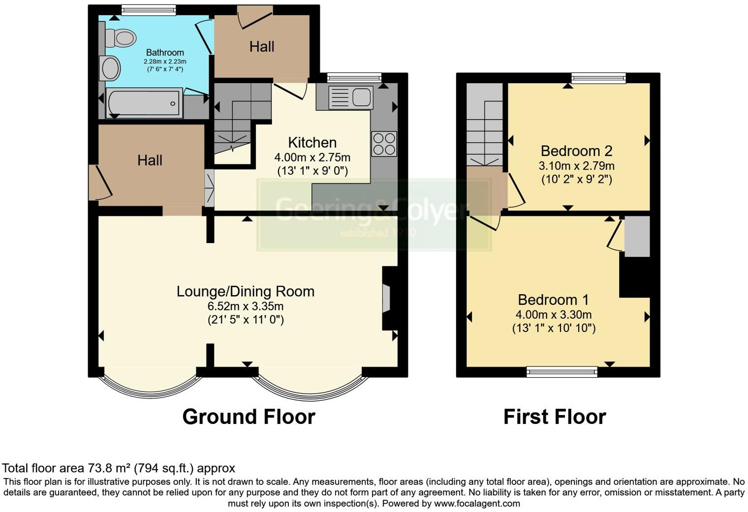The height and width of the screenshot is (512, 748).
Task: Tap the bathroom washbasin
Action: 110,68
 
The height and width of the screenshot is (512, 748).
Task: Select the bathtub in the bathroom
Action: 144,103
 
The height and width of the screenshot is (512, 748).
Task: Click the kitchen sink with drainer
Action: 350,97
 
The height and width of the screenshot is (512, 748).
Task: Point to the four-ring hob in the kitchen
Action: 384,144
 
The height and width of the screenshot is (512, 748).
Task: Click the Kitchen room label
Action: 312,143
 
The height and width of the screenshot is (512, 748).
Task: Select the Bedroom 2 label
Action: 576,151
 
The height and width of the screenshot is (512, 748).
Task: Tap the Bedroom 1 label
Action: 553,300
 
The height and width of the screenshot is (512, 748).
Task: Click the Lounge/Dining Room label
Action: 246,291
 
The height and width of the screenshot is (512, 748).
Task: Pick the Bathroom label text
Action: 165,53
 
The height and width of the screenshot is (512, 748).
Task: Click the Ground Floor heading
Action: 249,417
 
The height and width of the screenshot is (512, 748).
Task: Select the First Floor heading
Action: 555,417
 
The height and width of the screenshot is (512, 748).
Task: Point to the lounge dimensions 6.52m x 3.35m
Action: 246,306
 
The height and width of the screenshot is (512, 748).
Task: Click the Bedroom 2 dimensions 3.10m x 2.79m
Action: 576,166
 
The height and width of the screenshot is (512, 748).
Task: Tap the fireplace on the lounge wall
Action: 387,298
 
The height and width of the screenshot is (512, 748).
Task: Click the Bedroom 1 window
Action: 562,372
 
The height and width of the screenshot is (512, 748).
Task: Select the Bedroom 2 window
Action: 598,78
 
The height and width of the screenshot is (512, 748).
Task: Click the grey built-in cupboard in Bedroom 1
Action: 637,236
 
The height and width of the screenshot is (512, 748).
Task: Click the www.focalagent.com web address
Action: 477,503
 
